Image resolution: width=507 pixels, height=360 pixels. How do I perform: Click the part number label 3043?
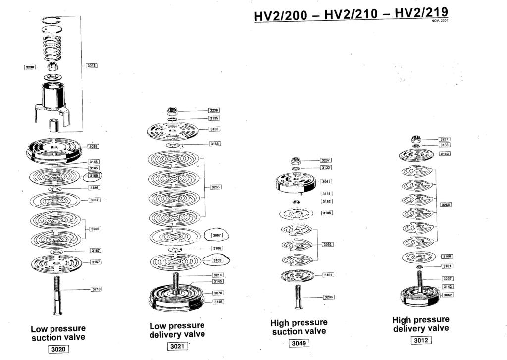point(91,65)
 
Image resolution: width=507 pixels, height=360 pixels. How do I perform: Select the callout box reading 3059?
point(93,147)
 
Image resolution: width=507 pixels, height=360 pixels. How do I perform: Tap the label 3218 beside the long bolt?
point(96,289)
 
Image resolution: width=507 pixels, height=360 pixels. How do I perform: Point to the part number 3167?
point(96,262)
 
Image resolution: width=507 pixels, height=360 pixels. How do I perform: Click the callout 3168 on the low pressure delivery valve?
point(214,129)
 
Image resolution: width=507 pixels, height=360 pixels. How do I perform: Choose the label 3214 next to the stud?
point(218,275)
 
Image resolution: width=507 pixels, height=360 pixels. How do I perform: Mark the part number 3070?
point(218,293)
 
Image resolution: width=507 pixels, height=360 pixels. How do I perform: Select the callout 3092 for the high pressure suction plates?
point(327,244)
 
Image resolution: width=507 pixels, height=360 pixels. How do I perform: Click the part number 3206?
point(328,297)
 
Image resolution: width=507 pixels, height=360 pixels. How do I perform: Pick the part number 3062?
point(448,295)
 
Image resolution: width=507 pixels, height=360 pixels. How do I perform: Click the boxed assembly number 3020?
point(58,349)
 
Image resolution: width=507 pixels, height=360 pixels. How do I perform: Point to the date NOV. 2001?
point(440,21)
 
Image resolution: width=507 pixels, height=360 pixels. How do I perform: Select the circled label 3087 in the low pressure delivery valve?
point(217,236)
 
